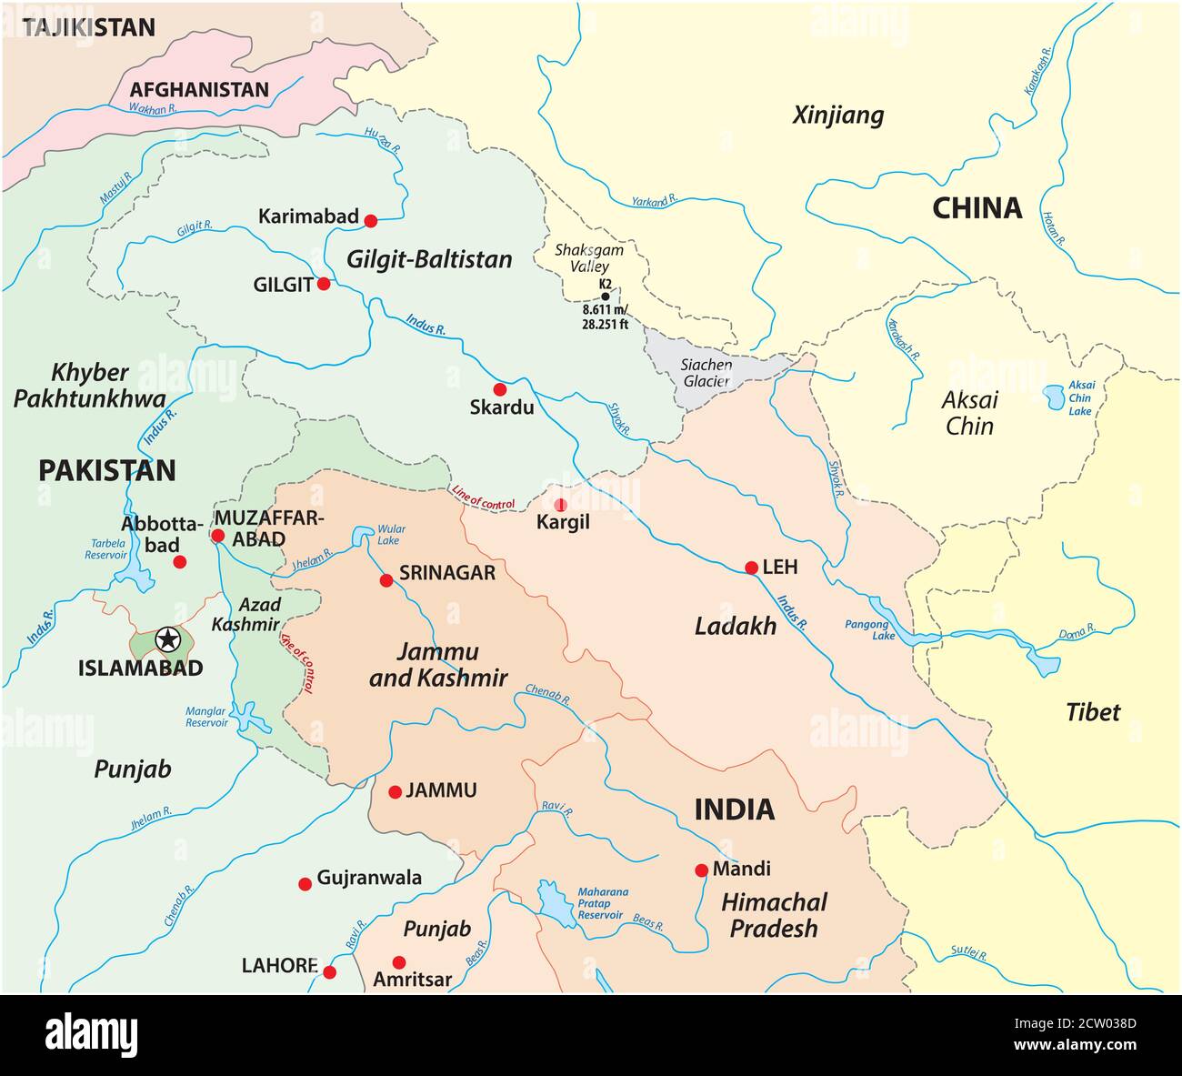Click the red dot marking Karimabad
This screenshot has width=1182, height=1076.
click(x=370, y=220)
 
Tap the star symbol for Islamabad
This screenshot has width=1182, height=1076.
click(x=167, y=639)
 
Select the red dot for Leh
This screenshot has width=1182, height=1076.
click(x=751, y=568)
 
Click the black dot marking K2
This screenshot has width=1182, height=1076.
click(x=606, y=297)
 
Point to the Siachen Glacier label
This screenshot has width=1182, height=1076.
click(x=706, y=373)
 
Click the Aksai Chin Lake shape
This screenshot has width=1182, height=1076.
click(x=1054, y=397)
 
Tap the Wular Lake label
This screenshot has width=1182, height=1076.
click(x=391, y=534)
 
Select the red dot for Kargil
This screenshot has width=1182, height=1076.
click(x=560, y=504)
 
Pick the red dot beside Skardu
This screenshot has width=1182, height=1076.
click(x=499, y=388)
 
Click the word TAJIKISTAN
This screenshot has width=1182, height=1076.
click(x=89, y=27)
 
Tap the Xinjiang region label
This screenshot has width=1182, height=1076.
click(x=837, y=116)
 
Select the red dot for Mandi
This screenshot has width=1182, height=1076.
click(x=701, y=870)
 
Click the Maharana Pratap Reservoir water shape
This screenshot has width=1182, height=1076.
click(x=550, y=900)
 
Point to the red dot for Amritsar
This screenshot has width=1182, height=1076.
click(x=398, y=961)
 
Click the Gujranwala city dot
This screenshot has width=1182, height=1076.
click(x=305, y=883)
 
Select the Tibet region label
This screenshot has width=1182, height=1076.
click(x=1093, y=711)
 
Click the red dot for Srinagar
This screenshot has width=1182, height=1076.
click(x=386, y=579)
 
